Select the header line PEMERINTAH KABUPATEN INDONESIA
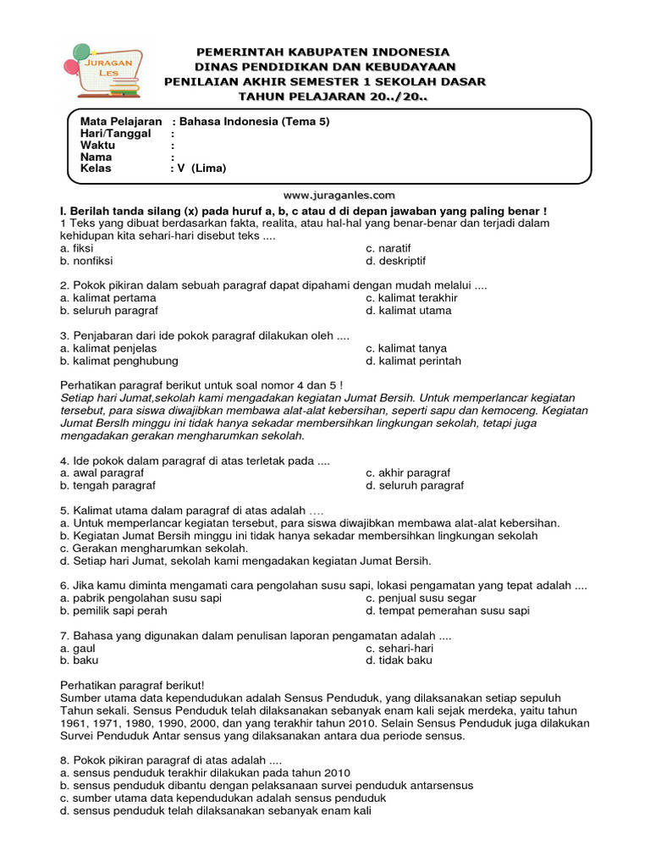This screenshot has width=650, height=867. [x=323, y=52]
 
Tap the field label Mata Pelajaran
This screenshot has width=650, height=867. [x=120, y=121]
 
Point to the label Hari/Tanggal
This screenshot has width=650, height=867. [x=115, y=133]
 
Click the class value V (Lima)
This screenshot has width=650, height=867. [x=202, y=168]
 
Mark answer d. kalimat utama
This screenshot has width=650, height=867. [x=408, y=311]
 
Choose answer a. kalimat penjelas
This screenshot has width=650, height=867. [x=108, y=348]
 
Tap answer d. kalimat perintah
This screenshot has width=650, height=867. [x=413, y=361]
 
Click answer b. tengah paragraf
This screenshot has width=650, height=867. [x=107, y=486]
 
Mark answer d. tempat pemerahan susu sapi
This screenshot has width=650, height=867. [x=447, y=610]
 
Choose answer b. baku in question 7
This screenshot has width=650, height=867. [x=80, y=660]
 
